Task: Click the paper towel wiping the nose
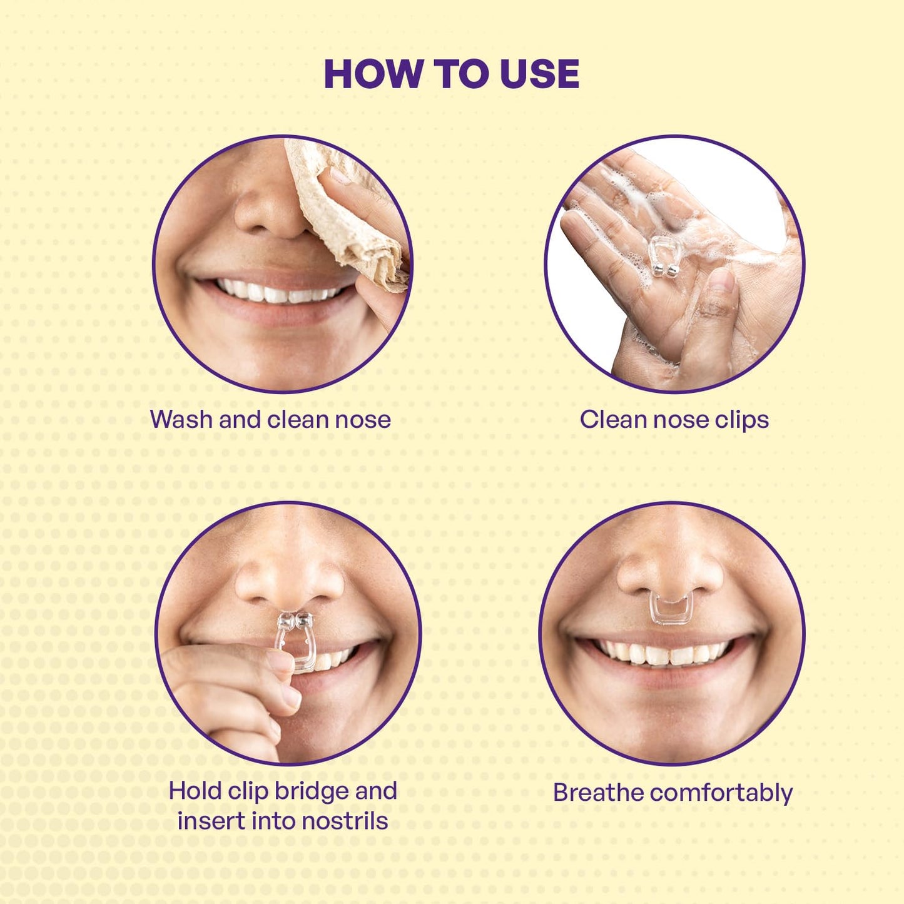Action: tap(347, 213)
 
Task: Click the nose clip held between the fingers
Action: tap(294, 643)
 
